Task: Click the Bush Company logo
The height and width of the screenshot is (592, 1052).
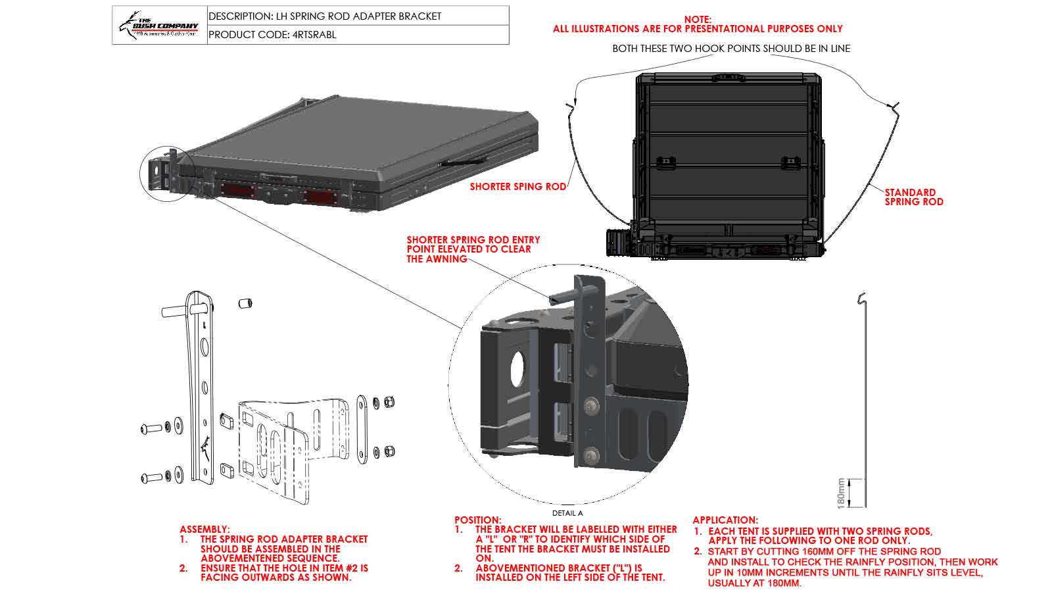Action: coord(159,25)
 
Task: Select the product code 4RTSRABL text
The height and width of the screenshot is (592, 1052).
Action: coord(272,35)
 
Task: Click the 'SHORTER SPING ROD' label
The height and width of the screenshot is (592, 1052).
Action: coord(517,187)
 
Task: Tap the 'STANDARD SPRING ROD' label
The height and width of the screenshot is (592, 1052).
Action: coord(913,197)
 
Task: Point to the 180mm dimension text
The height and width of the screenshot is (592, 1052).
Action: coord(841,493)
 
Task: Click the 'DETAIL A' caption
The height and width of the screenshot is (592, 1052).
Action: coord(567,513)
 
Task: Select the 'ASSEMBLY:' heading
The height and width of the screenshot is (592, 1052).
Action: coord(204,529)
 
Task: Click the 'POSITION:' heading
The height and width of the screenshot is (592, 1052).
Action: coord(477,520)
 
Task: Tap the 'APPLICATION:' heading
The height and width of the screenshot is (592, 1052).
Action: coord(725,520)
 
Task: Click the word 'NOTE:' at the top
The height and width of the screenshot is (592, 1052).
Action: coord(698,20)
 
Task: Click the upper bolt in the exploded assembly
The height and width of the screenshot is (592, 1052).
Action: coord(151,429)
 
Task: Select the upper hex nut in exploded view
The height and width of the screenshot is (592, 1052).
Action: coord(389,402)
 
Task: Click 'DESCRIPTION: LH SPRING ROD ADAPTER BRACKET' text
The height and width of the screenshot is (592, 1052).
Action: coord(325,16)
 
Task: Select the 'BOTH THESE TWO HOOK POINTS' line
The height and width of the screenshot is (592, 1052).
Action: coord(731,49)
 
